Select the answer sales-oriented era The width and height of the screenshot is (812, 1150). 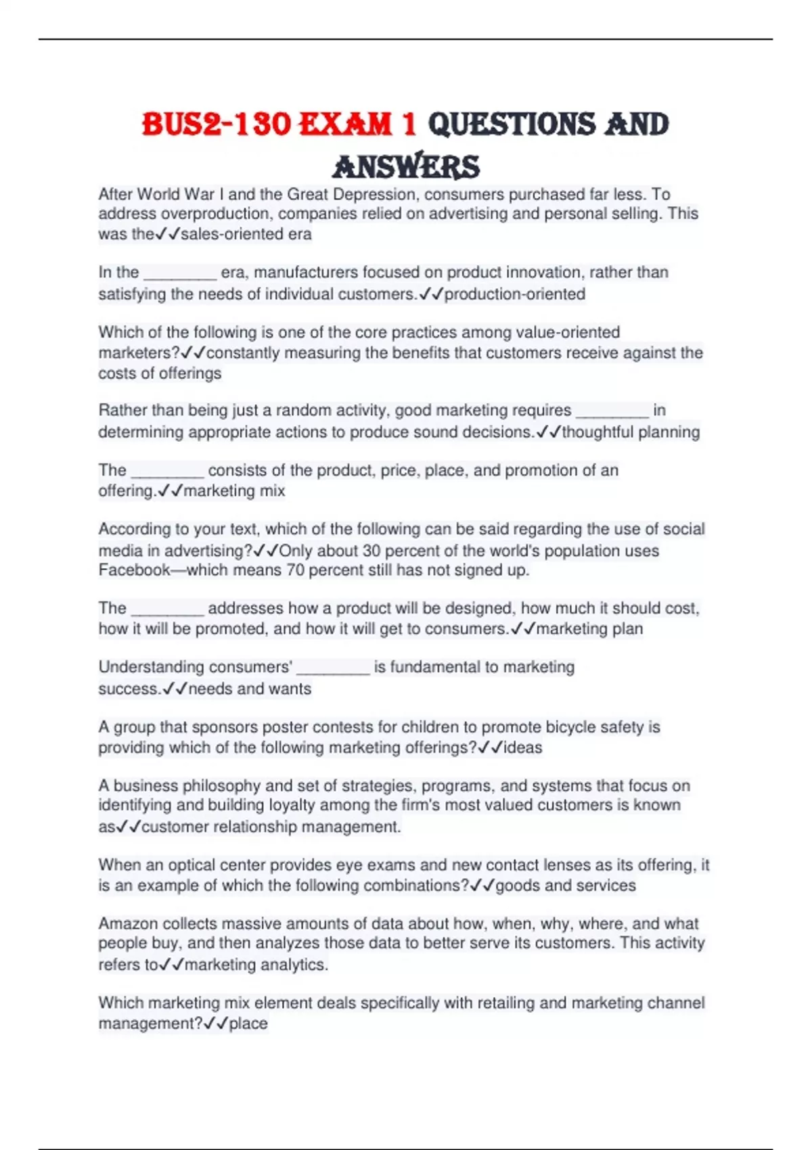click(246, 234)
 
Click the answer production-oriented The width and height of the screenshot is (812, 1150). click(514, 294)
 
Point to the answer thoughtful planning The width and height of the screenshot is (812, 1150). click(631, 432)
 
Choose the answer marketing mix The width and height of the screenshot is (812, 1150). click(234, 490)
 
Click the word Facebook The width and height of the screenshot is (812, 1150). click(134, 570)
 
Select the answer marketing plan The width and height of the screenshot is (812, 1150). click(589, 628)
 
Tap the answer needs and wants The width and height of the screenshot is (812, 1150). click(250, 689)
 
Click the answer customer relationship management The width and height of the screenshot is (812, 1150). click(271, 827)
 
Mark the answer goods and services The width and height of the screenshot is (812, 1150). click(566, 885)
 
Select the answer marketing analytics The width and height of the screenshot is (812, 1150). click(256, 965)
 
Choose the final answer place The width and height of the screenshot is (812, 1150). click(248, 1024)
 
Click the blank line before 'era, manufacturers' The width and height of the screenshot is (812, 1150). click(180, 274)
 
